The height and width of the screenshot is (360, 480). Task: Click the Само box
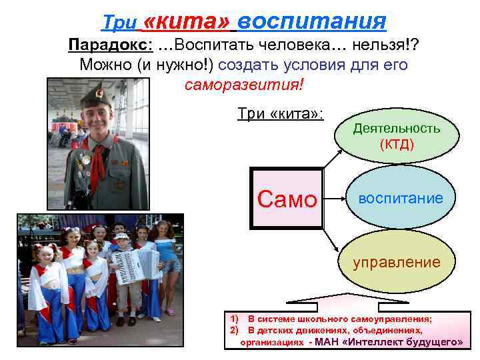pyautogui.click(x=286, y=199)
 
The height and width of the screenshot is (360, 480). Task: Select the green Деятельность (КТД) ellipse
pyautogui.click(x=396, y=135)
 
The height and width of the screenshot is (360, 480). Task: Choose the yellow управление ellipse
pyautogui.click(x=396, y=262)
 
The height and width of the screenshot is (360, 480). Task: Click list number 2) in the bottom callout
pyautogui.click(x=234, y=329)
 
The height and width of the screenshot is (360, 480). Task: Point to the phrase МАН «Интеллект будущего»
pyautogui.click(x=389, y=341)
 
